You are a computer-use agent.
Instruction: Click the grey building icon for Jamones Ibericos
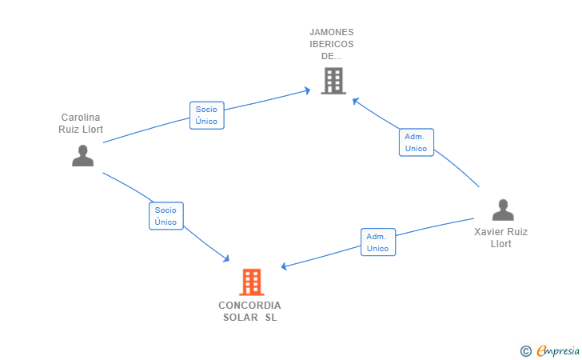[x=333, y=81]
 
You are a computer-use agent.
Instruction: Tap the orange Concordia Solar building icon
[x=251, y=282]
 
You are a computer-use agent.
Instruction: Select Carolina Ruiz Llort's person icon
[x=82, y=155]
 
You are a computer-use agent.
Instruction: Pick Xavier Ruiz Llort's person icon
[x=503, y=210]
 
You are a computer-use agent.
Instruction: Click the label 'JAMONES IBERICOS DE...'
[x=332, y=44]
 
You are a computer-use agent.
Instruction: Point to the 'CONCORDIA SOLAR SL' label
[x=250, y=311]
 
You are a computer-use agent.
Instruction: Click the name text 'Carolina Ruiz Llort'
[x=81, y=123]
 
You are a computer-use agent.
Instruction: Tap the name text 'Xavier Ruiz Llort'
[x=501, y=238]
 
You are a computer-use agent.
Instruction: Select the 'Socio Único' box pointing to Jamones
[x=206, y=115]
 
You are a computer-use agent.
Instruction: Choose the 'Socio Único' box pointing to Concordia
[x=166, y=216]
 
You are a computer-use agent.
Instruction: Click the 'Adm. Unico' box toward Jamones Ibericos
[x=416, y=142]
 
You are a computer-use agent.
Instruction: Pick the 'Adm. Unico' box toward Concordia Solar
[x=377, y=242]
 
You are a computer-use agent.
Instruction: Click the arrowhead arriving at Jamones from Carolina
[x=307, y=91]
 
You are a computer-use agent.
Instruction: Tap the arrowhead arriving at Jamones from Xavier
[x=355, y=101]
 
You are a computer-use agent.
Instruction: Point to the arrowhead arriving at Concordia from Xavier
[x=284, y=266]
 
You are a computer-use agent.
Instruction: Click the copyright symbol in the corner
[x=525, y=350]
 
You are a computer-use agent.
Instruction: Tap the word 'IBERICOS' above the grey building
[x=332, y=44]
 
